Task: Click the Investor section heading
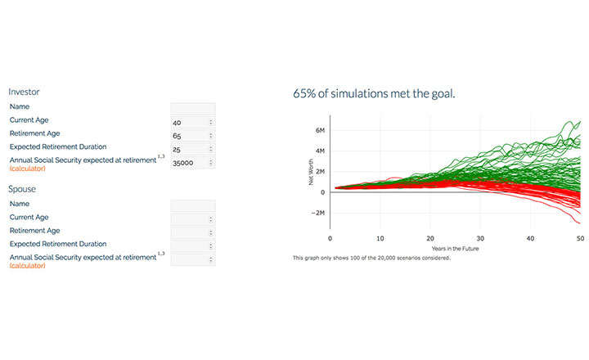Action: point(24,92)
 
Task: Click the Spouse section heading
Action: point(22,189)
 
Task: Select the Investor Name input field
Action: point(193,109)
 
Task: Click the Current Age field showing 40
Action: point(193,122)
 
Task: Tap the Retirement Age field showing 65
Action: point(193,136)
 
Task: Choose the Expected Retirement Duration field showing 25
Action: point(193,149)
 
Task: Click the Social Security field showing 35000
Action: point(193,163)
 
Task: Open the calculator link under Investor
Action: point(28,169)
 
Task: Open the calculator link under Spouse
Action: point(28,266)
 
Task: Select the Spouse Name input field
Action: point(193,206)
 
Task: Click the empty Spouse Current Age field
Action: point(193,219)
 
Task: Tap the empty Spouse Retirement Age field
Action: point(193,233)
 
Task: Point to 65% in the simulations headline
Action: point(304,93)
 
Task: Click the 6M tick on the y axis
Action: point(320,130)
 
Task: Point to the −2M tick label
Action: point(317,213)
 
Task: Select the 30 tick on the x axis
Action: point(480,238)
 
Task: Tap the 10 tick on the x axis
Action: point(380,238)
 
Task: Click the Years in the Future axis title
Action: point(456,249)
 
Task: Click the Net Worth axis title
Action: point(311,172)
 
